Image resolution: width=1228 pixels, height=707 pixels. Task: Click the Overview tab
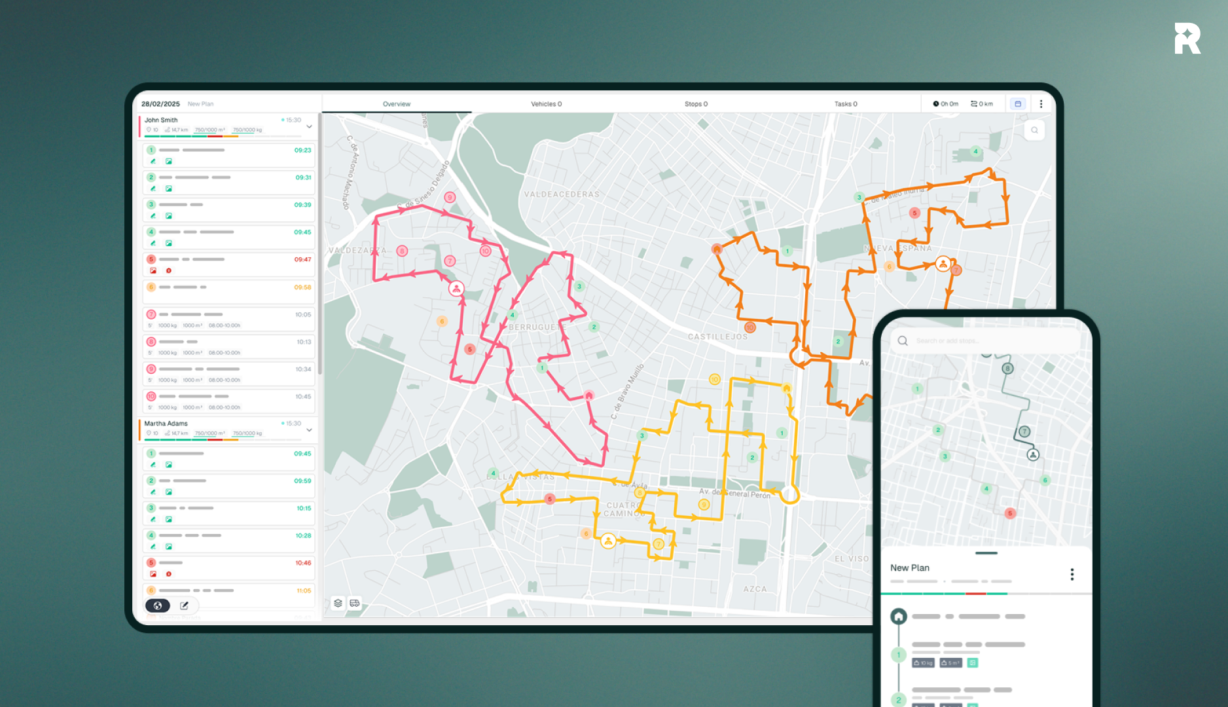point(396,104)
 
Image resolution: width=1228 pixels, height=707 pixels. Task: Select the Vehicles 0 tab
point(546,104)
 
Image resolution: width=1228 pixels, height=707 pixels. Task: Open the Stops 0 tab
point(696,104)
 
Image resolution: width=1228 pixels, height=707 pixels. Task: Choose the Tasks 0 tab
point(845,104)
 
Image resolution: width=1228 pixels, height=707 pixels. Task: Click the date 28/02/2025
point(160,104)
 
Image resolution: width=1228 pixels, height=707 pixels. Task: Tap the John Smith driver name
point(161,120)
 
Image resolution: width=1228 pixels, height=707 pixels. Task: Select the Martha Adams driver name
point(166,424)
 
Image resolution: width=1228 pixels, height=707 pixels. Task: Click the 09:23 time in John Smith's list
point(302,151)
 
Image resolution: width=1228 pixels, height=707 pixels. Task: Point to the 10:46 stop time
point(302,563)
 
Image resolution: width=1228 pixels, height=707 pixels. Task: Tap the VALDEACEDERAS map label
point(562,194)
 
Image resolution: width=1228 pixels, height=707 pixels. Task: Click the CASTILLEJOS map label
point(717,336)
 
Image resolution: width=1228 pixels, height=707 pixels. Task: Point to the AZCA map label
point(755,589)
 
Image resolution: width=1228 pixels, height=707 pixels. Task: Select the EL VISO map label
point(852,559)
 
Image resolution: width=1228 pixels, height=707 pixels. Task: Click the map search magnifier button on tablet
point(1034,130)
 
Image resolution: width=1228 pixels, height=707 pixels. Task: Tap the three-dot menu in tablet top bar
point(1041,104)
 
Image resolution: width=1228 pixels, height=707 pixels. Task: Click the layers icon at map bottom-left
point(338,603)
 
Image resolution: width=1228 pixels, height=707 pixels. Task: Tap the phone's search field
point(985,341)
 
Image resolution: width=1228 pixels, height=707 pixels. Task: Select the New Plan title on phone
point(909,568)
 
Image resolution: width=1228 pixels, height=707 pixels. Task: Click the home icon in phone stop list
point(898,617)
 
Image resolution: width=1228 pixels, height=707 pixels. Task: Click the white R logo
point(1187,39)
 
